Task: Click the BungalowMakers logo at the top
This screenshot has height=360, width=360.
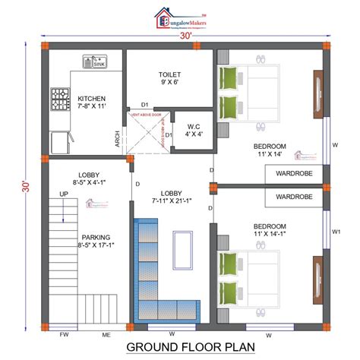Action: click(179, 19)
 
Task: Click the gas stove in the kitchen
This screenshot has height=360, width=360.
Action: click(60, 98)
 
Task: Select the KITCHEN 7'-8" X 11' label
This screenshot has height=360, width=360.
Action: click(91, 103)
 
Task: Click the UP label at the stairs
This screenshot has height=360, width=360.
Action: click(63, 194)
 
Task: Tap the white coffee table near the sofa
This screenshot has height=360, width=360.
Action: click(183, 250)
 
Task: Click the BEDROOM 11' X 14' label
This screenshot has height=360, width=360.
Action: click(270, 150)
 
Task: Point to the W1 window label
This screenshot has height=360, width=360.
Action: click(336, 232)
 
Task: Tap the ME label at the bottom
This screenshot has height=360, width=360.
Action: click(107, 334)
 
